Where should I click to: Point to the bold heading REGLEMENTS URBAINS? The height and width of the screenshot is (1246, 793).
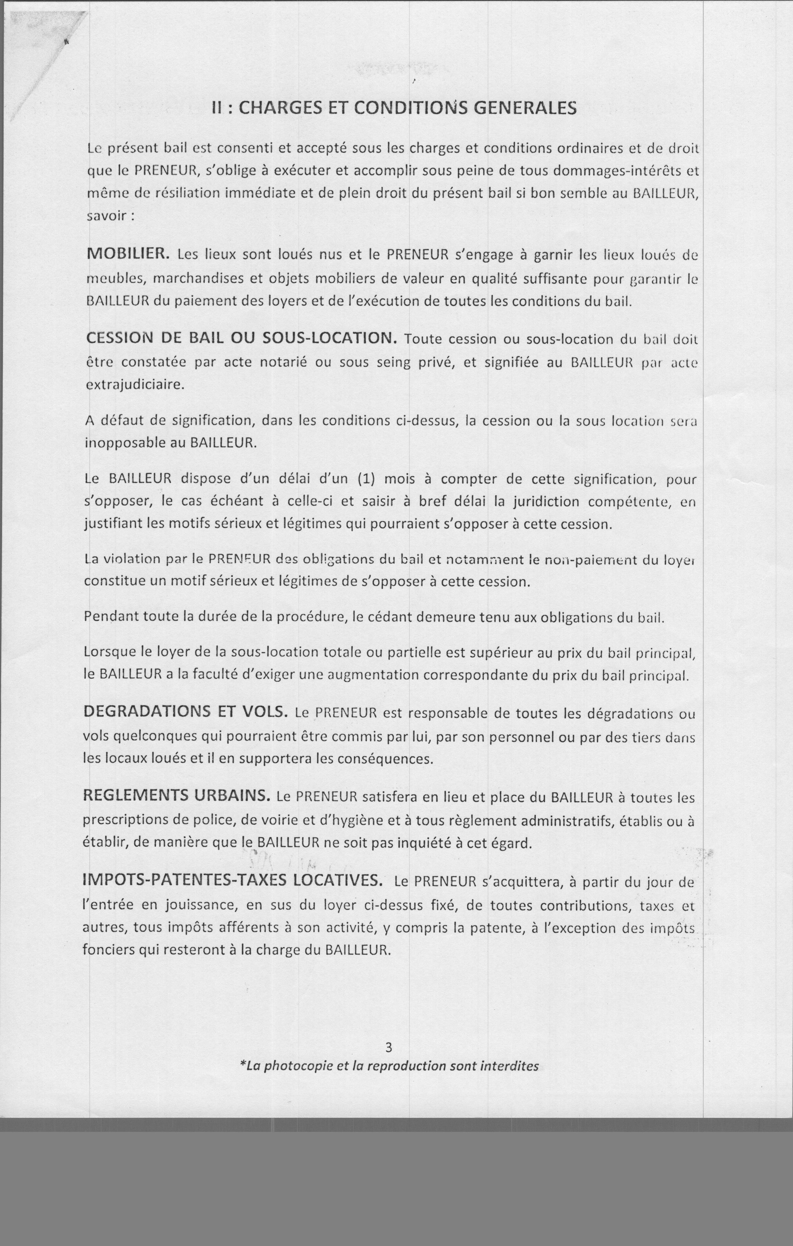click(177, 796)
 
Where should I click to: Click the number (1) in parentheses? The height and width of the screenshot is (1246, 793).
click(366, 479)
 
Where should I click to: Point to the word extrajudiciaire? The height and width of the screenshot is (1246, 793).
click(135, 385)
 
